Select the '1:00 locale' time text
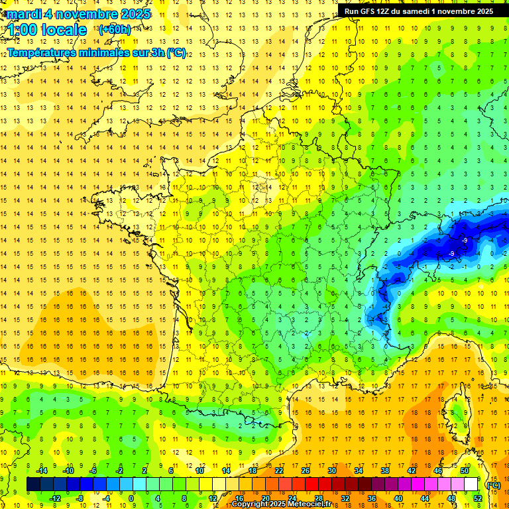tap(47, 30)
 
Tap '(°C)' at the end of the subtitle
tap(176, 53)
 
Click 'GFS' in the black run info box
tap(370, 11)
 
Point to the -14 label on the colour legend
tap(41, 471)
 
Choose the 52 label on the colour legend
tap(478, 498)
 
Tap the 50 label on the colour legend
tap(465, 471)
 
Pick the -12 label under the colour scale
tap(54, 498)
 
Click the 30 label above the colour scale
tap(332, 471)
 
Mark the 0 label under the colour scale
tap(131, 498)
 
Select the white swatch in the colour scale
tap(471, 484)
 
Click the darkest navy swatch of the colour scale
tap(33, 484)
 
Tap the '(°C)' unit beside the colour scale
tap(493, 484)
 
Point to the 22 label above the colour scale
tap(279, 471)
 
